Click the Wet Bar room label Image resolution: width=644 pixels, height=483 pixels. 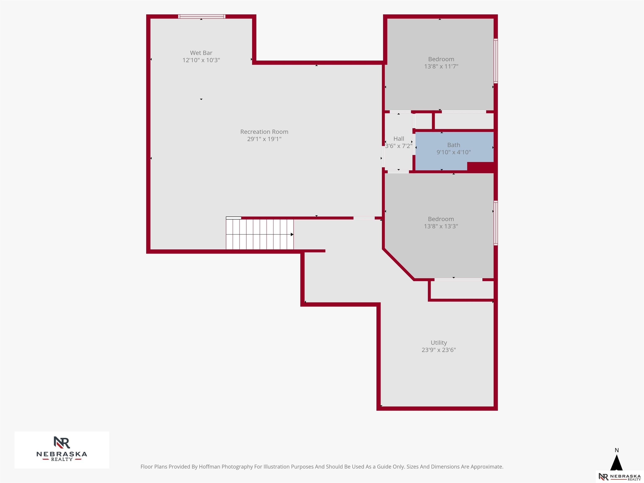click(x=201, y=53)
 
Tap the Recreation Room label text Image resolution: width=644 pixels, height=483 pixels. click(x=264, y=132)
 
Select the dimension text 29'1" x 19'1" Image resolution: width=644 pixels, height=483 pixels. click(x=264, y=139)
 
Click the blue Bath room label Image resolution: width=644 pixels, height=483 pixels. click(x=454, y=145)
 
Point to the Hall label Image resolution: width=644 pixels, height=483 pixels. click(x=399, y=139)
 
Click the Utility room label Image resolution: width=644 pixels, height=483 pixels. click(x=439, y=343)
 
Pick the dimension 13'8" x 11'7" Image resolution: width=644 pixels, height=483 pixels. click(x=441, y=66)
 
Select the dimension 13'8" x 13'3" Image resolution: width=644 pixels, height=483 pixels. click(x=441, y=226)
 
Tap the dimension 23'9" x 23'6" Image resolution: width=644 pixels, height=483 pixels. click(x=439, y=350)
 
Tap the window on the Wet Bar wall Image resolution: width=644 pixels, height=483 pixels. click(x=201, y=16)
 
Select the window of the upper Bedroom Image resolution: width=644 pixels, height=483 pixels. click(x=496, y=61)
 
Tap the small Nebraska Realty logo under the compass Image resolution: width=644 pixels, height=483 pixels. click(x=619, y=477)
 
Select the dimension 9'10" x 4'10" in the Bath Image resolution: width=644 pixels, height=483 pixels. click(x=454, y=152)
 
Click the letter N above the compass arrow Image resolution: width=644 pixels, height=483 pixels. click(x=617, y=450)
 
